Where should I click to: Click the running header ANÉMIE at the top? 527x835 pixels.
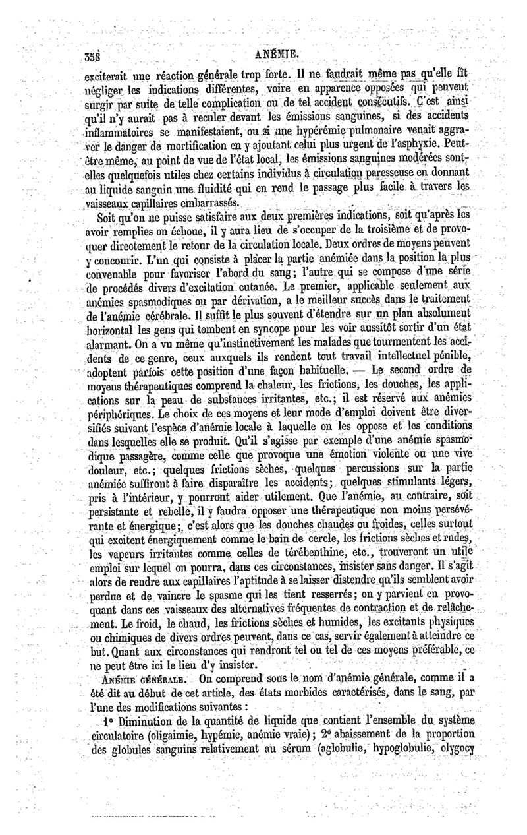point(263,55)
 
